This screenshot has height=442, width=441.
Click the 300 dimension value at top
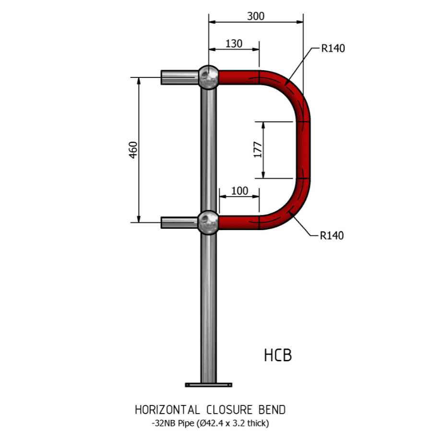255,16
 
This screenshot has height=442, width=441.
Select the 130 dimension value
234,43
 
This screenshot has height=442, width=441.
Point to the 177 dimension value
258,149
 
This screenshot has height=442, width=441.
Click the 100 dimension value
239,191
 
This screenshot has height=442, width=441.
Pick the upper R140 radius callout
333,49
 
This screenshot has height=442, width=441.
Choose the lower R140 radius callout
332,235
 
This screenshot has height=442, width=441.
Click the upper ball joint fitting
208,77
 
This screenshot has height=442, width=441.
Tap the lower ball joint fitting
208,222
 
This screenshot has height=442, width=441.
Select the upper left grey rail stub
179,77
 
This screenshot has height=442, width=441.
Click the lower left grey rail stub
179,222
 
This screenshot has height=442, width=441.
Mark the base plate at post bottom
208,384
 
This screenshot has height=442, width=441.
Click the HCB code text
277,356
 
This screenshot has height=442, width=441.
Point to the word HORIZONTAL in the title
167,410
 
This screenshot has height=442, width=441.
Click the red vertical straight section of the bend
303,149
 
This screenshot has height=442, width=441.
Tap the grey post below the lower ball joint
208,307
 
